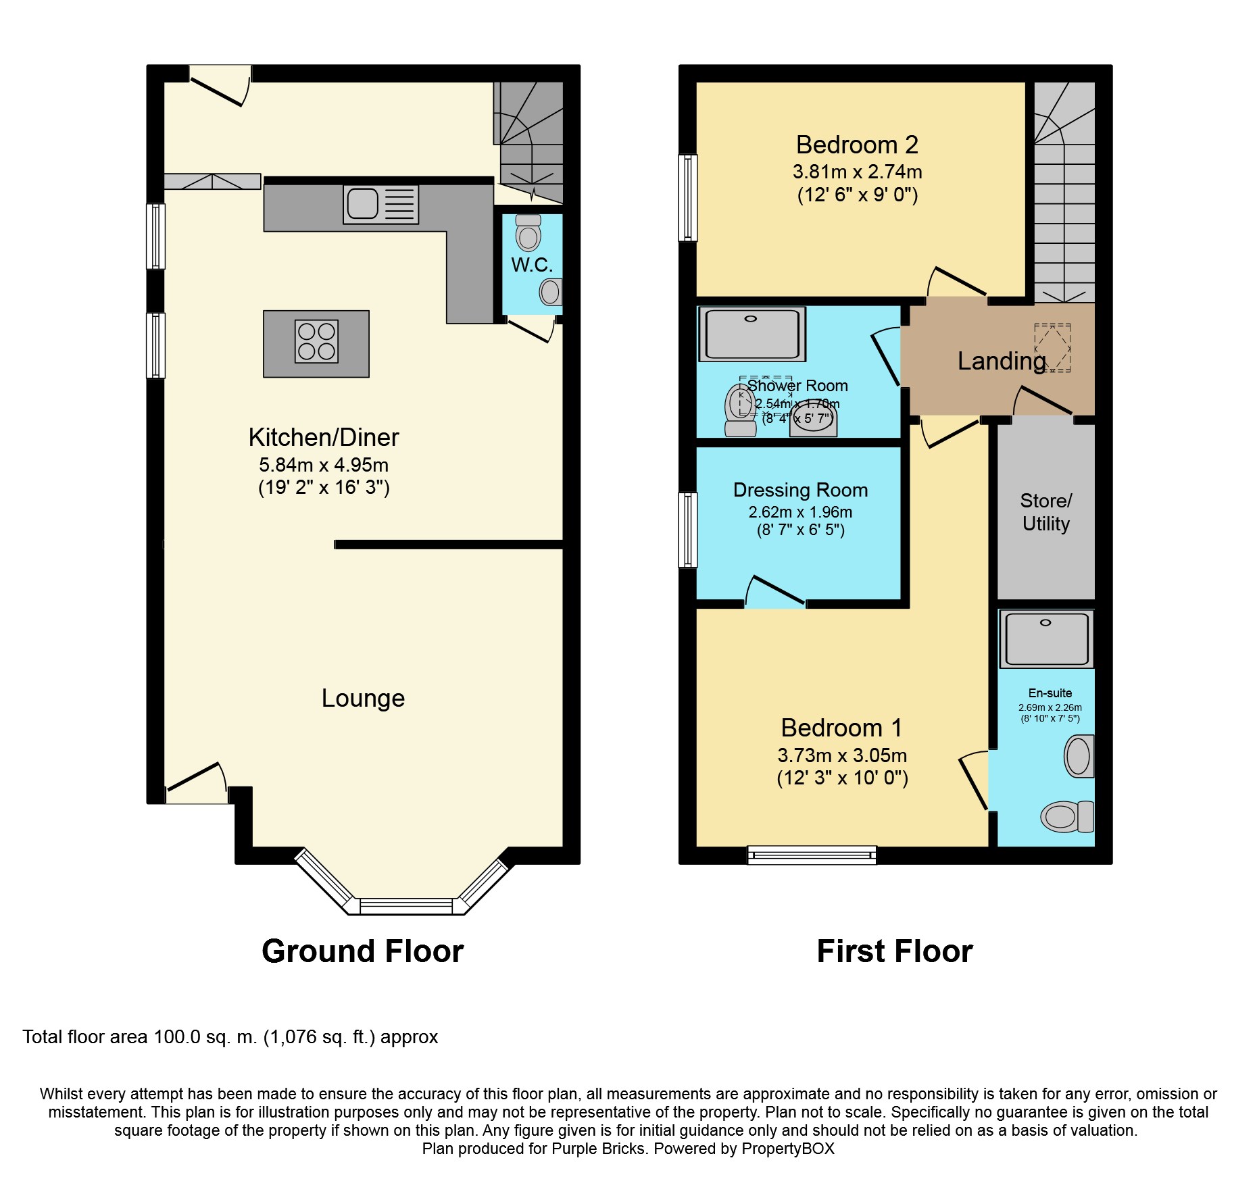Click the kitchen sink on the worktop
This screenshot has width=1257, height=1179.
tap(380, 204)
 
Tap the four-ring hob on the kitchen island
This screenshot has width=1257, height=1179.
tap(316, 341)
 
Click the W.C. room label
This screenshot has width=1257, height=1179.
tap(532, 265)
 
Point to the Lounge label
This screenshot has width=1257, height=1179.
tap(363, 698)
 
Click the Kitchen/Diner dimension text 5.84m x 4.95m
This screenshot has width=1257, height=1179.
tap(324, 465)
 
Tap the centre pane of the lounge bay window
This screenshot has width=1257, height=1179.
tap(406, 906)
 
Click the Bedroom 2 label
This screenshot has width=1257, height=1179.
tap(857, 145)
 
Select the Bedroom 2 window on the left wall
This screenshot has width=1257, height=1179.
tap(687, 198)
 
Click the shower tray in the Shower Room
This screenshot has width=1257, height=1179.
tap(752, 334)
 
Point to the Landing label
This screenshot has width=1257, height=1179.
tap(1002, 361)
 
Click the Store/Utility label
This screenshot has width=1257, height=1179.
tap(1045, 512)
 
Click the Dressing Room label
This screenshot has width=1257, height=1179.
tap(800, 490)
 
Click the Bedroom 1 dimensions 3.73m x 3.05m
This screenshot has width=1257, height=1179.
tap(842, 755)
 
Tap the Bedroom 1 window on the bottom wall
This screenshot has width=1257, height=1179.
tap(812, 855)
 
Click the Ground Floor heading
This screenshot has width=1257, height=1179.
tap(363, 951)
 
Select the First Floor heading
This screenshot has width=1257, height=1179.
tap(894, 951)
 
